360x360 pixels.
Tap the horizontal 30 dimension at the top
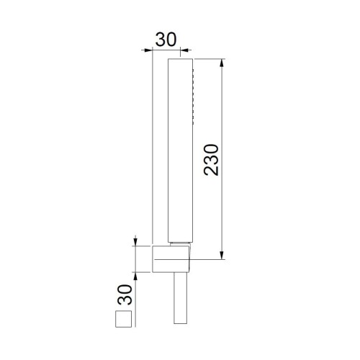point(166,40)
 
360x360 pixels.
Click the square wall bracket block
point(170,258)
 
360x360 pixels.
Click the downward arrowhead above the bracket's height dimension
point(135,240)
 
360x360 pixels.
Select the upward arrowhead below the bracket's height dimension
point(135,277)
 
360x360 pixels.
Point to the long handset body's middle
point(180,148)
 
